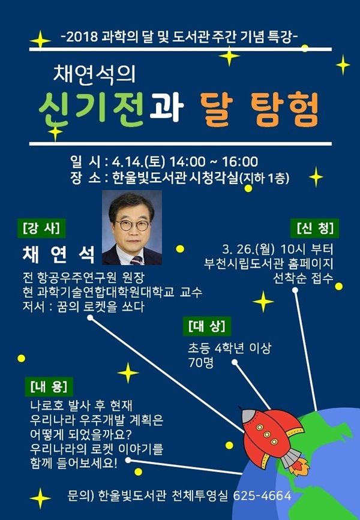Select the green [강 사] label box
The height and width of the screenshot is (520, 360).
[41, 228]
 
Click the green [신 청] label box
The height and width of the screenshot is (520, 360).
[315, 228]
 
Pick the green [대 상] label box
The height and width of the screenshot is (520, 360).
[207, 326]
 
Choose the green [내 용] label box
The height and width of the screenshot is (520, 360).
[49, 387]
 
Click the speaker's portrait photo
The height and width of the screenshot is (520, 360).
[132, 227]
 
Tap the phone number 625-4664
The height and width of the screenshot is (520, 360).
[262, 495]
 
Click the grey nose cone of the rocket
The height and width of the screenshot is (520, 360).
[250, 416]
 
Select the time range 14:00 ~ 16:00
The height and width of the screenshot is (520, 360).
[214, 162]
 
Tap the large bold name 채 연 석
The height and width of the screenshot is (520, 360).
[58, 255]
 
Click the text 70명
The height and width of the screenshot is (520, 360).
[201, 363]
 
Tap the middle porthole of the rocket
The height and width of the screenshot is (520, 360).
[267, 434]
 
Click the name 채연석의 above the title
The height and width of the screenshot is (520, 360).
[95, 74]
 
